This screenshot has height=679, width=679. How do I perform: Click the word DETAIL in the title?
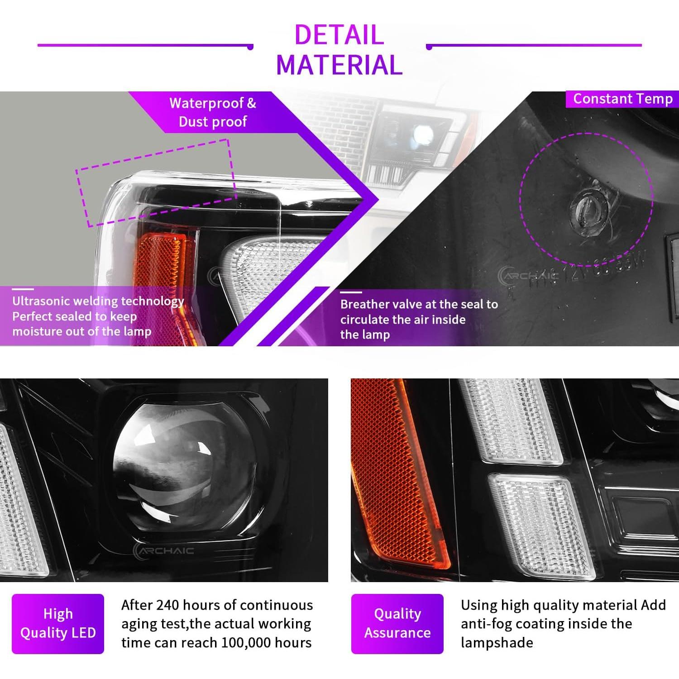[339, 34]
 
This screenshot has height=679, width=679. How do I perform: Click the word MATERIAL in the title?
[339, 65]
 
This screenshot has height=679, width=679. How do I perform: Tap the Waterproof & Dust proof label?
[213, 112]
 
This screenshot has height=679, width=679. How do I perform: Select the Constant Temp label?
[622, 99]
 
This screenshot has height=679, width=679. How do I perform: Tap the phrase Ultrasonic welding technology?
[98, 301]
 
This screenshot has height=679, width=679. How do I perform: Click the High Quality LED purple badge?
[58, 623]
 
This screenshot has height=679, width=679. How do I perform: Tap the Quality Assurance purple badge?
[397, 623]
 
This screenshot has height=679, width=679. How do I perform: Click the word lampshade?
[497, 643]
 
